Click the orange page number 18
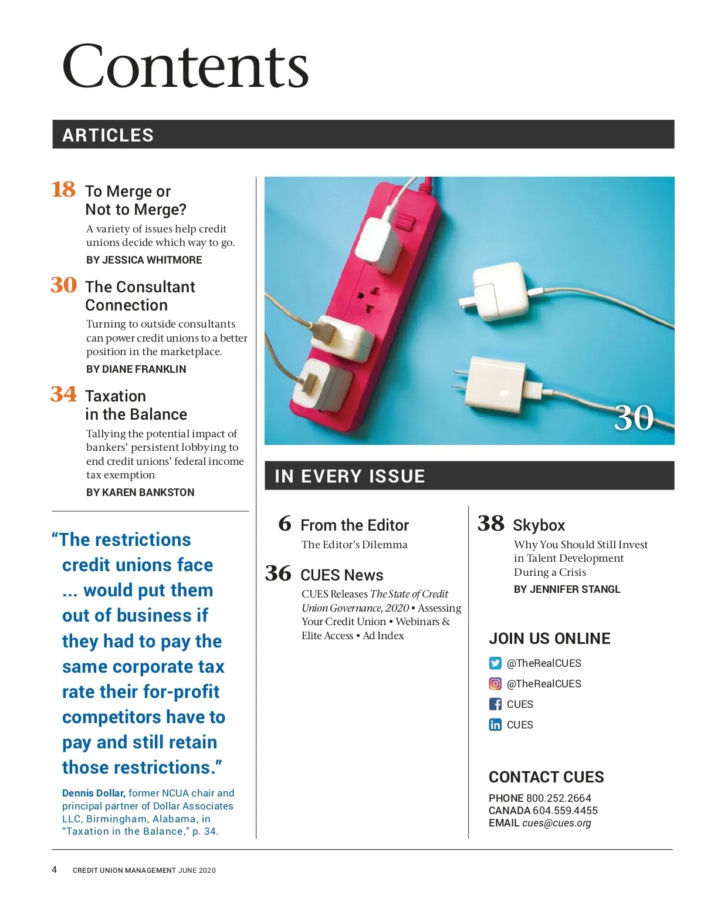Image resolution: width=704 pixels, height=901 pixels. pyautogui.click(x=63, y=190)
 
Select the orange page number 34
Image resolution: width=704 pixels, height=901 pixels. pyautogui.click(x=63, y=394)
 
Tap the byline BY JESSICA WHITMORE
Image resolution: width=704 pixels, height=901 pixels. pyautogui.click(x=144, y=260)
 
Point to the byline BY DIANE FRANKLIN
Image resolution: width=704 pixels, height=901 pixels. pyautogui.click(x=136, y=369)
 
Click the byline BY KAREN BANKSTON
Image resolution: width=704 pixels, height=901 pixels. pyautogui.click(x=140, y=492)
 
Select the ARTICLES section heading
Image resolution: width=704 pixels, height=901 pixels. pyautogui.click(x=108, y=135)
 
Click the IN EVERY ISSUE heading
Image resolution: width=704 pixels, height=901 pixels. pyautogui.click(x=350, y=476)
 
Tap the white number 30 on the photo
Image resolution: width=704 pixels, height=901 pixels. pyautogui.click(x=634, y=418)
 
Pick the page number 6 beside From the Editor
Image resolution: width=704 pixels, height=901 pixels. pyautogui.click(x=285, y=523)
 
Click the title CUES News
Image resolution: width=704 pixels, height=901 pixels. pyautogui.click(x=341, y=575)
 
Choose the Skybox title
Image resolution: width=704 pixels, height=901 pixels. pyautogui.click(x=539, y=525)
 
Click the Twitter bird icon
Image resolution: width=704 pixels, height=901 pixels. pyautogui.click(x=495, y=663)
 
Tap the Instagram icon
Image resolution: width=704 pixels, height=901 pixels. pyautogui.click(x=495, y=684)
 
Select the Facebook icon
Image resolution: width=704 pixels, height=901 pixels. pyautogui.click(x=495, y=704)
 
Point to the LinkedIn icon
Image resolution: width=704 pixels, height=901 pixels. pyautogui.click(x=495, y=725)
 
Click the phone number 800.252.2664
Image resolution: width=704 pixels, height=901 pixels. pyautogui.click(x=559, y=798)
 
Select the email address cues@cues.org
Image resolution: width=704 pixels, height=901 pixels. pyautogui.click(x=556, y=823)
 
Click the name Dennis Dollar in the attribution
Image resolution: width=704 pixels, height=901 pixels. pyautogui.click(x=93, y=793)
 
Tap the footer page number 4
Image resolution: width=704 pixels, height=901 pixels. pyautogui.click(x=55, y=869)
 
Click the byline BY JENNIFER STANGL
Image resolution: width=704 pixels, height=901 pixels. pyautogui.click(x=567, y=589)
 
